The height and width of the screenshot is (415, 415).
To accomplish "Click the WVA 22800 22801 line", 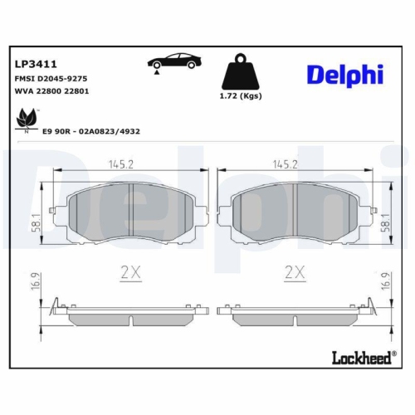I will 50,91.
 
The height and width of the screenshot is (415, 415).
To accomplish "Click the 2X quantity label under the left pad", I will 132,271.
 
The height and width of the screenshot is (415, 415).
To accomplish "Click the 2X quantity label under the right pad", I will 296,271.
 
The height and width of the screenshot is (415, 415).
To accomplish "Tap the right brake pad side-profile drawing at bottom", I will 296,316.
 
